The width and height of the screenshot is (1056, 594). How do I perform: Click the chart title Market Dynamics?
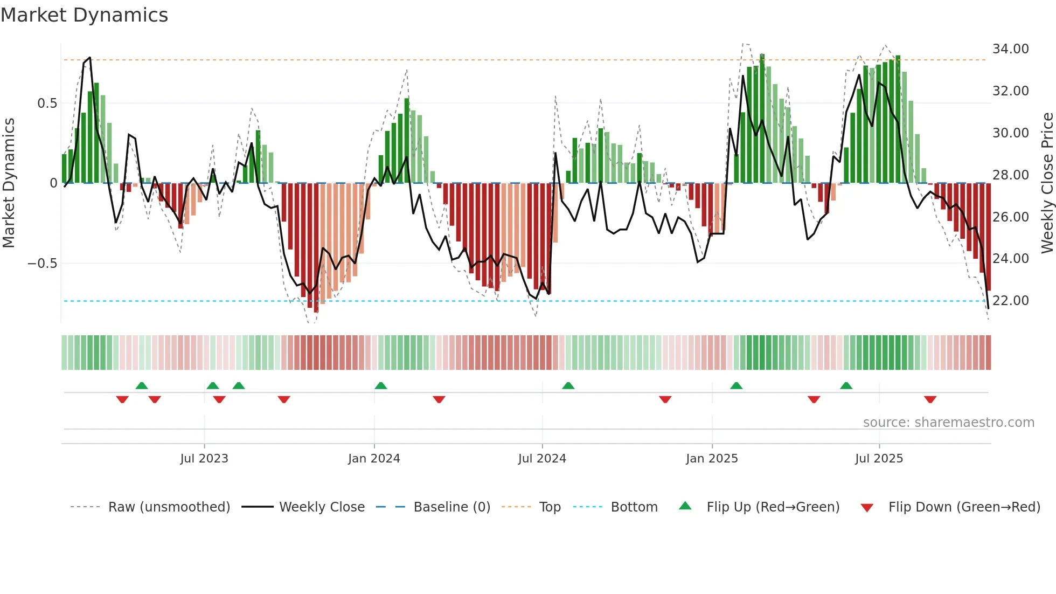pos(84,15)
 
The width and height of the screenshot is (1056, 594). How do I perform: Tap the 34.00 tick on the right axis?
pos(1010,49)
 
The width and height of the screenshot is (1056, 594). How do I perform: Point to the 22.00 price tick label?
pos(1010,301)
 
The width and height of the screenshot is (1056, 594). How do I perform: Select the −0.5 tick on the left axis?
pos(42,264)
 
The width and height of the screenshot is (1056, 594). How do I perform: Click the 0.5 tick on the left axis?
pos(47,103)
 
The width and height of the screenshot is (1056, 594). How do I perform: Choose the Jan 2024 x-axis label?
pos(374,459)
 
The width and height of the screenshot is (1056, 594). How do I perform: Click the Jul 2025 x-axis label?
pos(879,459)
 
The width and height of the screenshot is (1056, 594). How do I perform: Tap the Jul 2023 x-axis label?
pos(204,459)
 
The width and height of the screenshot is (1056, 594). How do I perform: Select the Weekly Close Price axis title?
pos(1047,183)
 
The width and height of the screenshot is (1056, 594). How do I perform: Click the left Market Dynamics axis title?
pos(9,183)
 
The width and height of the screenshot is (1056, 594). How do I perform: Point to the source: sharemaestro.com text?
pos(948,423)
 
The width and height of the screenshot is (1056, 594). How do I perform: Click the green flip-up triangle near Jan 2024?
pos(380,385)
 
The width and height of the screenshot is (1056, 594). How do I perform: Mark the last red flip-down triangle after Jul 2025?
pos(930,399)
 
